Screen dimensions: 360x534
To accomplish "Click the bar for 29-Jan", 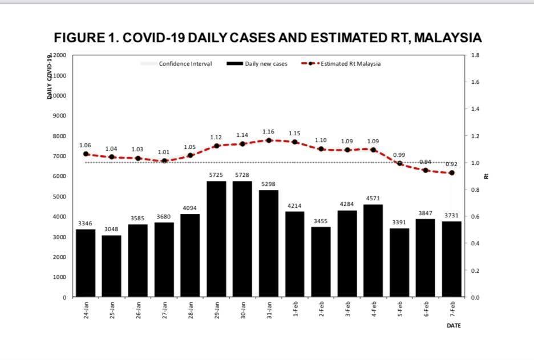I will (216, 239).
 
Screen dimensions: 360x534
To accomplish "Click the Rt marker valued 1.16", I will (269, 140).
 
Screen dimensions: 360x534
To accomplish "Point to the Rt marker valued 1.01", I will (164, 161).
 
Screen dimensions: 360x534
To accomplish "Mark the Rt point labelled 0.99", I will (400, 163).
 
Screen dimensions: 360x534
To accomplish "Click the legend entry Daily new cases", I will (266, 64).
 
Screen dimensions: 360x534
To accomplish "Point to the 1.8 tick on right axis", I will (476, 55).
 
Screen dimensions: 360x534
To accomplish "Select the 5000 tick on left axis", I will (60, 197).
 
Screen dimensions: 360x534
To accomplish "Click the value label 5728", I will (242, 175).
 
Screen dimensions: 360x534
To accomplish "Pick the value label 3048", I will (112, 229).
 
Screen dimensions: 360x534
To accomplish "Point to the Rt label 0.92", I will (452, 164).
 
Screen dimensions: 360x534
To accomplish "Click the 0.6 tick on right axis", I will (476, 217).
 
